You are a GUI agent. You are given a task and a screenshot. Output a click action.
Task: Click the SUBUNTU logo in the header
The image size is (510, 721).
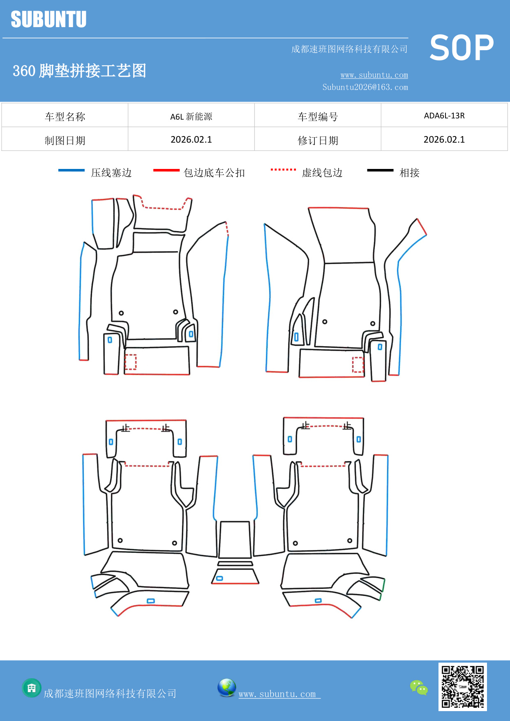[x=48, y=19]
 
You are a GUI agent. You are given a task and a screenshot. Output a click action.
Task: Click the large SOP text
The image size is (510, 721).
[x=462, y=48]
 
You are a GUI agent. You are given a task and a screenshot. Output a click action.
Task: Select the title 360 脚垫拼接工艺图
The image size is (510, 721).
[x=79, y=71]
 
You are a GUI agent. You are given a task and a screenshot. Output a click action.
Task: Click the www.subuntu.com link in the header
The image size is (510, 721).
[x=374, y=75]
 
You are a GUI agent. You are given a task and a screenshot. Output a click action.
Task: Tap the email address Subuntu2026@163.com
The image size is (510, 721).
[x=365, y=87]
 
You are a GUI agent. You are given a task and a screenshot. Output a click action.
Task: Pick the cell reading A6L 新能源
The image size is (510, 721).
[x=191, y=116]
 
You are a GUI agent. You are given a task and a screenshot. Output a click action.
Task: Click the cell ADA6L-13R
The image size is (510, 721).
[x=444, y=116]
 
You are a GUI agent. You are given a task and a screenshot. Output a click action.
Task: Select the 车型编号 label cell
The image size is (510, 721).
[x=318, y=117]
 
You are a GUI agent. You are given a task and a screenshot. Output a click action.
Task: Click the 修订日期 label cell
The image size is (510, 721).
[x=318, y=141]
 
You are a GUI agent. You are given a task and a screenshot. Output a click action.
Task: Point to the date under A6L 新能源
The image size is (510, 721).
[x=191, y=140]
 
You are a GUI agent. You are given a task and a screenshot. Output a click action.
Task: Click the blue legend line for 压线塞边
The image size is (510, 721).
[x=72, y=170]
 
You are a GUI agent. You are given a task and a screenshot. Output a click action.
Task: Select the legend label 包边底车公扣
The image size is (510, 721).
[x=214, y=173]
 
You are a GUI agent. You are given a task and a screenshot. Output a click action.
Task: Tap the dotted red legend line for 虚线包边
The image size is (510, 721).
[x=283, y=169]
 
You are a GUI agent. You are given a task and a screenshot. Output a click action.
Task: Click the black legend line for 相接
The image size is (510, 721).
[x=380, y=170]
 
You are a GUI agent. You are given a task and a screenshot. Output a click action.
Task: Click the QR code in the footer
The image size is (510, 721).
[x=462, y=686]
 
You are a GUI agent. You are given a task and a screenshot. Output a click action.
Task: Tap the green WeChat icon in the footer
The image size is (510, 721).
[x=419, y=687]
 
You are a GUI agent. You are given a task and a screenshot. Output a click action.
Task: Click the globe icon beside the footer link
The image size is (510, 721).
[x=226, y=688]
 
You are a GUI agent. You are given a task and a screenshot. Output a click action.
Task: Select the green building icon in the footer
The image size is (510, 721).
[x=32, y=688]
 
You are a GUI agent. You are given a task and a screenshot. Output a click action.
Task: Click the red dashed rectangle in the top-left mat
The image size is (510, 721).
[x=131, y=362]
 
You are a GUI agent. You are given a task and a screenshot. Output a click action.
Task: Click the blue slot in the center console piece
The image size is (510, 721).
[x=219, y=578]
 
